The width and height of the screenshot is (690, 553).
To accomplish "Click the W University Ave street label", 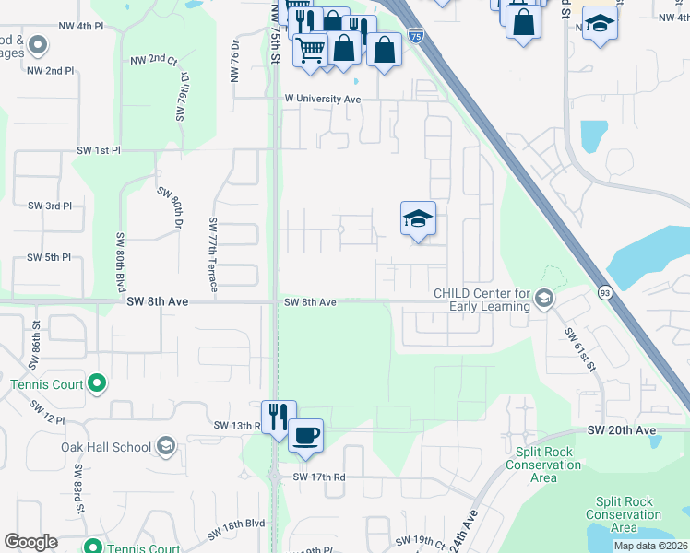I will (x=322, y=99).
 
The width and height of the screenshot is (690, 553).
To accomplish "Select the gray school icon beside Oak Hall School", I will (x=166, y=447).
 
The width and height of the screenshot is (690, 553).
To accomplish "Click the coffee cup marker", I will (x=305, y=433).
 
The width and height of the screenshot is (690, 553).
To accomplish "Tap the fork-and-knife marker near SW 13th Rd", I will (x=279, y=416).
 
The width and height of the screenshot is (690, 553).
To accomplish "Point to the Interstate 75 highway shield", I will (x=416, y=36).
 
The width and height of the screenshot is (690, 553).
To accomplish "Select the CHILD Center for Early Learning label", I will (x=482, y=300).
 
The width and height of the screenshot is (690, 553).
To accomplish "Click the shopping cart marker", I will (x=311, y=48).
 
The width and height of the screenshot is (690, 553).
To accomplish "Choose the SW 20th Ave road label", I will (x=622, y=430).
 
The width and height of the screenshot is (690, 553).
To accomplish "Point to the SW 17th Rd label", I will (x=318, y=477).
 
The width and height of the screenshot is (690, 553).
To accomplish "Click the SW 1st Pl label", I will (x=100, y=149).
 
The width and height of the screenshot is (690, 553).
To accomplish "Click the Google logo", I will (x=31, y=542).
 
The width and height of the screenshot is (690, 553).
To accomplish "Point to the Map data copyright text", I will (x=650, y=546).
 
